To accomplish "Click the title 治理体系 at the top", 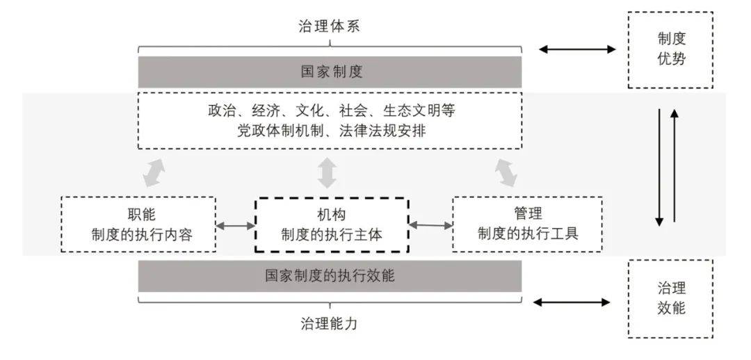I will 330,27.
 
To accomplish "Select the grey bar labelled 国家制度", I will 330,72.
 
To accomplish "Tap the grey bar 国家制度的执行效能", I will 330,275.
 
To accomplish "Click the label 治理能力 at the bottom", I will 330,322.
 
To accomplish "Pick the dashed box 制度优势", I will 670,49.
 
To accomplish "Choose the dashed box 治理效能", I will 670,298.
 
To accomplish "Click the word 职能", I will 137,214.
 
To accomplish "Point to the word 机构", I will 332,214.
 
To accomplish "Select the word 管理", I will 528,214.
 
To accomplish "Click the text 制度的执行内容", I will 137,234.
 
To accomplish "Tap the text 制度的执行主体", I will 332,234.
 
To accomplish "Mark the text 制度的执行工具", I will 528,234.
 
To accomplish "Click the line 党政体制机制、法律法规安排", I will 330,130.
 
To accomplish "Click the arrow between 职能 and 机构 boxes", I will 235,225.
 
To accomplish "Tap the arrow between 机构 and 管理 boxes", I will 430,224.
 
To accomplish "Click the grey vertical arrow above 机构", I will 325,173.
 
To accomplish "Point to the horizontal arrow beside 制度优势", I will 577,49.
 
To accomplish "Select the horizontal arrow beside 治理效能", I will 571,302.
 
